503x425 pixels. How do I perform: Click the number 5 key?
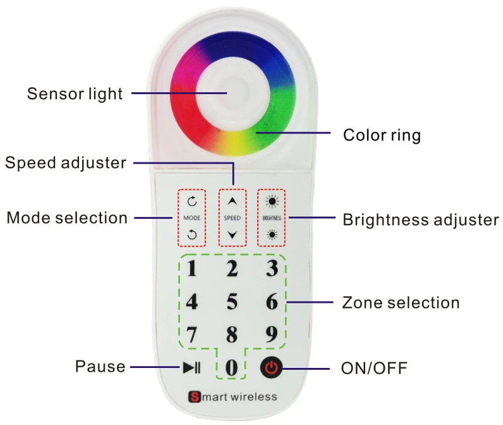(231, 302)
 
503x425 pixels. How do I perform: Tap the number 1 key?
(192, 269)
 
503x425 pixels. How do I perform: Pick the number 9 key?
(271, 334)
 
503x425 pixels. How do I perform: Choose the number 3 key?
(271, 269)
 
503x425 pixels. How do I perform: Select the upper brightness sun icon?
(271, 202)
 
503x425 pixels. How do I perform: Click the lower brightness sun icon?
(271, 235)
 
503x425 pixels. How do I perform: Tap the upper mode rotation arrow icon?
(192, 202)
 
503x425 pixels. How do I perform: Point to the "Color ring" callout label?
(381, 135)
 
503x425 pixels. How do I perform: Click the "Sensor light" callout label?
(75, 94)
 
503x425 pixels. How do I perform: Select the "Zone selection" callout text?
(401, 303)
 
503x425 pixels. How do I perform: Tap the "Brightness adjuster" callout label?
(420, 219)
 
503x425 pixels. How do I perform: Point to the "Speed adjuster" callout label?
(66, 162)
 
